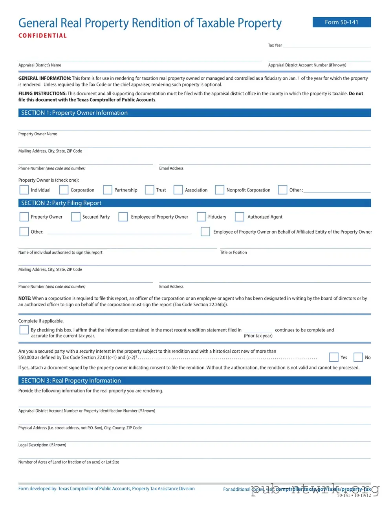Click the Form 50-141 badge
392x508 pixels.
tap(341, 22)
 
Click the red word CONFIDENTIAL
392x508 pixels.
tap(42, 36)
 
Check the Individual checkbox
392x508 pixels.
tap(24, 190)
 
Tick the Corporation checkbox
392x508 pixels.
tap(64, 190)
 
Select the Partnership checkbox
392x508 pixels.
tap(108, 190)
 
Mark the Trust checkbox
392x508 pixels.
tap(149, 190)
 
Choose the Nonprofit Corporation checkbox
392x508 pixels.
tap(220, 190)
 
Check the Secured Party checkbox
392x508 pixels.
tap(76, 217)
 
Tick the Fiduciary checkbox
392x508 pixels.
tap(201, 217)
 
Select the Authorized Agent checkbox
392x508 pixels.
tap(240, 217)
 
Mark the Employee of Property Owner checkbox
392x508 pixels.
tap(123, 217)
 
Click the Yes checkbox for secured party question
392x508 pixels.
tap(333, 357)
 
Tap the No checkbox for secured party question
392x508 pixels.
tap(358, 357)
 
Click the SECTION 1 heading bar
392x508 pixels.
tap(194, 113)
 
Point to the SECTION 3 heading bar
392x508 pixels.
tap(194, 381)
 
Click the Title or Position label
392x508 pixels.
tap(233, 252)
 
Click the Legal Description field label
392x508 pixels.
tap(42, 445)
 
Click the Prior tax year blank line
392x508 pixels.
tap(258, 330)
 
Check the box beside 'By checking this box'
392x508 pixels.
tap(24, 330)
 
